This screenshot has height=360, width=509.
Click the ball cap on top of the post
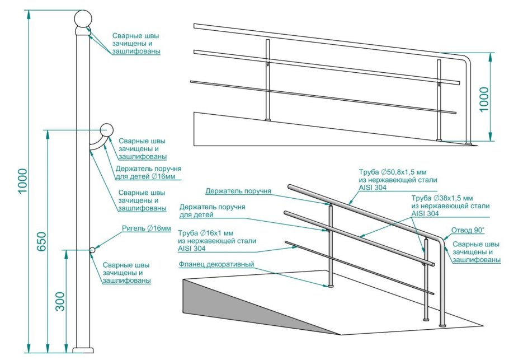[82, 19]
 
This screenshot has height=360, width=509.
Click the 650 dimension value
[41, 241]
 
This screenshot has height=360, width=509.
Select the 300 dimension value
[60, 302]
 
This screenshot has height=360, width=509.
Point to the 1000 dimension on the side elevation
[484, 99]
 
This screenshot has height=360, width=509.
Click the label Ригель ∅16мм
[146, 228]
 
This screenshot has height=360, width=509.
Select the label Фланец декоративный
[216, 264]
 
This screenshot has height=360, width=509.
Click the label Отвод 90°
[468, 230]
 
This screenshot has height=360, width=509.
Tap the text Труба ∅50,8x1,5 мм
[393, 172]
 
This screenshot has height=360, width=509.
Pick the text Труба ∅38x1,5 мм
[442, 198]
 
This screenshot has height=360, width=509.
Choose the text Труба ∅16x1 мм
[205, 233]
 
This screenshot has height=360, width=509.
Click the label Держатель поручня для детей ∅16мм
[148, 173]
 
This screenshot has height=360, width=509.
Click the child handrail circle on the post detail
[106, 130]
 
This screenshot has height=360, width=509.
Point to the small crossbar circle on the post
[92, 250]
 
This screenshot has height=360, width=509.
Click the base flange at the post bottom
[83, 350]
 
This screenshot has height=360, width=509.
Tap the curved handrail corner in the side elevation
[465, 59]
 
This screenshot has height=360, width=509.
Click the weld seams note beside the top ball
[136, 44]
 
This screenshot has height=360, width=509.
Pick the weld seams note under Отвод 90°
[477, 252]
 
